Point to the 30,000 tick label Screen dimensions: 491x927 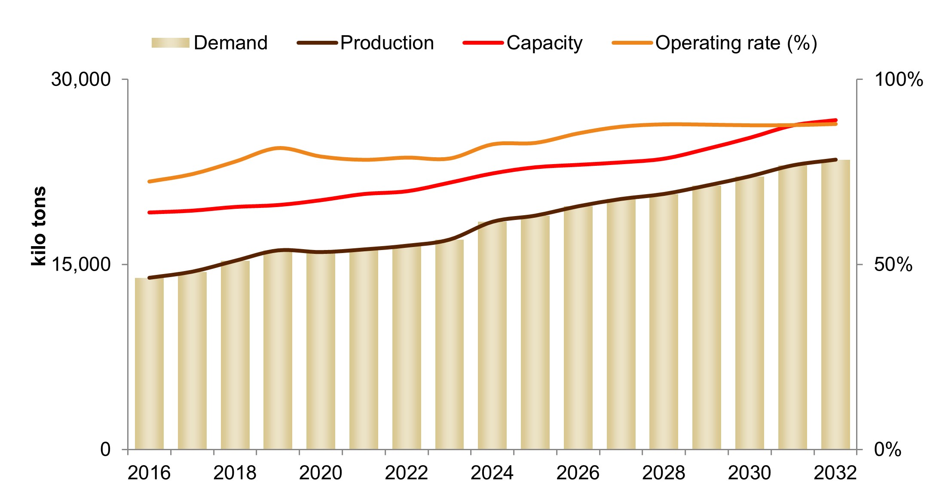click(x=81, y=79)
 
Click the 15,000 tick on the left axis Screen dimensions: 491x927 click(x=81, y=265)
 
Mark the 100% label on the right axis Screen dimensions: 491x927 click(x=899, y=79)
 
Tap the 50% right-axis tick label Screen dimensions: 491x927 click(x=893, y=265)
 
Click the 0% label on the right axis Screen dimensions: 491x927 click(x=888, y=450)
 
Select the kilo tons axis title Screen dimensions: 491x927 click(x=39, y=226)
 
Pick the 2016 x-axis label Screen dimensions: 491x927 click(x=149, y=473)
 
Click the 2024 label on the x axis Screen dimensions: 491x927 click(x=492, y=473)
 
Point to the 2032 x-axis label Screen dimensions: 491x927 click(x=835, y=473)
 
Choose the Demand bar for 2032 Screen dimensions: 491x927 click(x=835, y=305)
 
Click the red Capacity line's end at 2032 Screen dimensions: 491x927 click(x=835, y=120)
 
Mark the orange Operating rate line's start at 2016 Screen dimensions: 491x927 click(x=149, y=181)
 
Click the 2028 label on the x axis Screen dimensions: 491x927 click(x=664, y=473)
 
